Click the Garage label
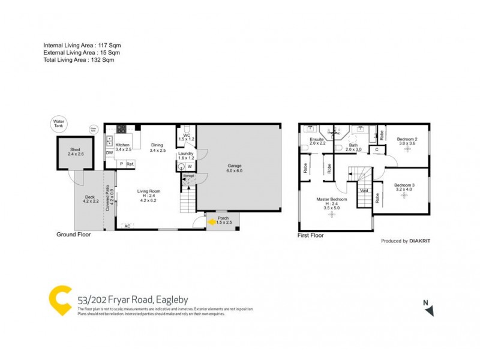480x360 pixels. (235, 166)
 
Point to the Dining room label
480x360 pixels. (157, 145)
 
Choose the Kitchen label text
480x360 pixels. (122, 145)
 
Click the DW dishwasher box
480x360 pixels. (109, 153)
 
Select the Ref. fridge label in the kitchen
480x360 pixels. (130, 164)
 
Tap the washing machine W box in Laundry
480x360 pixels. (189, 166)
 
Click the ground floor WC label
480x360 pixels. (187, 136)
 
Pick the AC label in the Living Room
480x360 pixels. (127, 226)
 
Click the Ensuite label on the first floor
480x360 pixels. (317, 140)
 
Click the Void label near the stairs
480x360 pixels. (364, 190)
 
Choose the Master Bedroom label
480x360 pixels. (332, 199)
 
